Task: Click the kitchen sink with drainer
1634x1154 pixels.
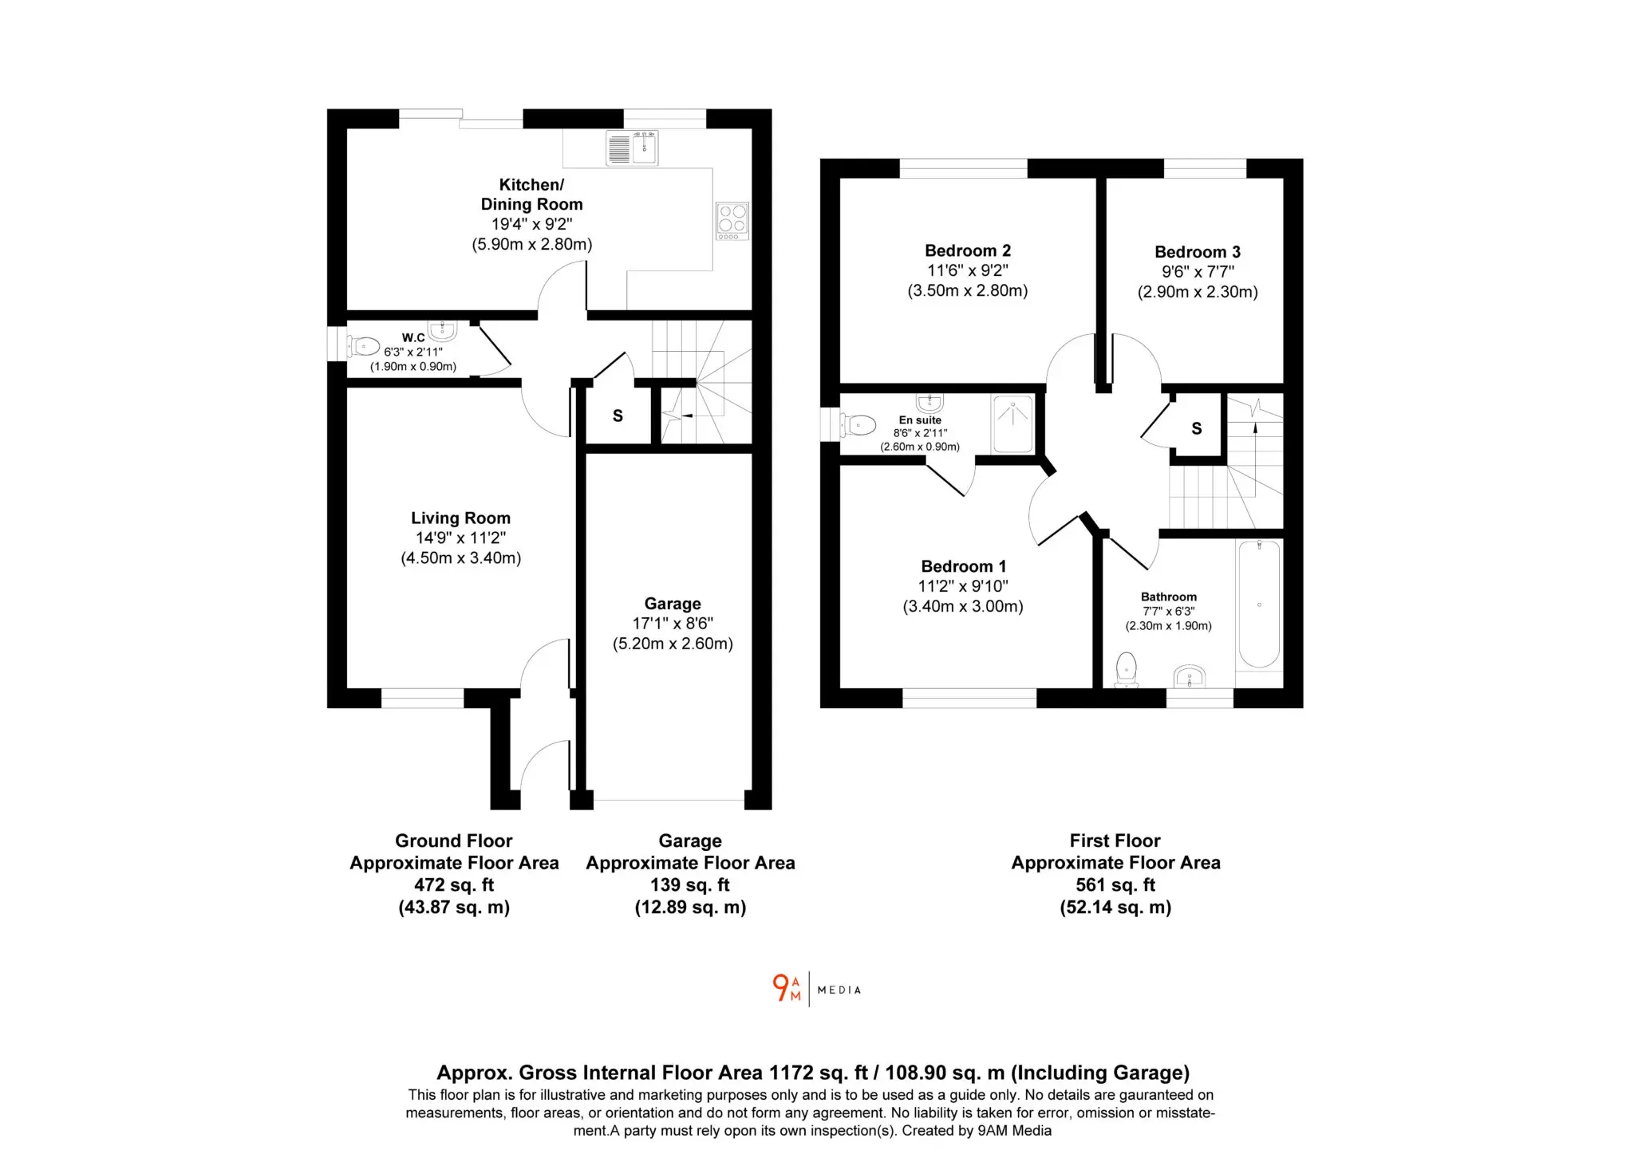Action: (632, 148)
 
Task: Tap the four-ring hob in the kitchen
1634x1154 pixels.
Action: (732, 221)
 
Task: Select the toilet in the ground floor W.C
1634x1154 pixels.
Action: (363, 346)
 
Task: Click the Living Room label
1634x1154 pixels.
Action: (460, 518)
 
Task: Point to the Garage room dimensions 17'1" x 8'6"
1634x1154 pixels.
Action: (673, 624)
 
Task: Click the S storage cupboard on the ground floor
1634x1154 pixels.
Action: (618, 416)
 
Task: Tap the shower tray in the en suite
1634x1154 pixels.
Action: (1013, 424)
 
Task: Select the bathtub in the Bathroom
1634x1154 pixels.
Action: (1258, 604)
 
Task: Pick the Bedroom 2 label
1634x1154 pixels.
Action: (968, 250)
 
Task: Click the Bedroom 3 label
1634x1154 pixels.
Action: (1198, 252)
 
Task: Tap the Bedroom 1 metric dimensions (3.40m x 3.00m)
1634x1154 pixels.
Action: (963, 606)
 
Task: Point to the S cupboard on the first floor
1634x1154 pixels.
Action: (1197, 428)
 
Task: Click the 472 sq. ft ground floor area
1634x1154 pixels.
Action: (454, 884)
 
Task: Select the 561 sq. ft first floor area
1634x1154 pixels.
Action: (1115, 884)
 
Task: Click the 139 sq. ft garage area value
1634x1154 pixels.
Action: (690, 884)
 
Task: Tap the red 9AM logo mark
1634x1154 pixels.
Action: (787, 988)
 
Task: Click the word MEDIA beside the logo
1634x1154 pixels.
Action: (839, 990)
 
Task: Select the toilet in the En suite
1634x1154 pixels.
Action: (857, 425)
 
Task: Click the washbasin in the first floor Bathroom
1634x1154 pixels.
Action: (1190, 676)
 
